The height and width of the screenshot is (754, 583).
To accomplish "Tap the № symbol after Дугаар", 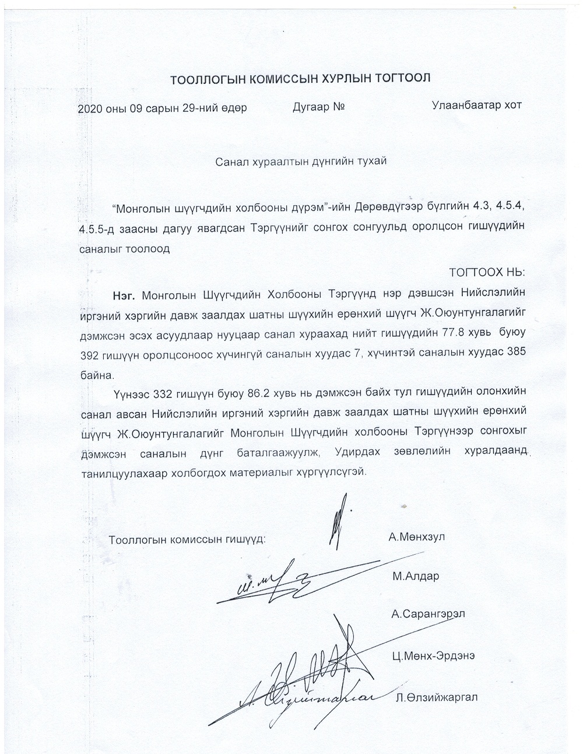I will click(x=340, y=107).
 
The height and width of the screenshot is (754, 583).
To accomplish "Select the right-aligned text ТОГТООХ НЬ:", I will click(x=487, y=273).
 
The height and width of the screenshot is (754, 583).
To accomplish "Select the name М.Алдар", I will click(x=415, y=577).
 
